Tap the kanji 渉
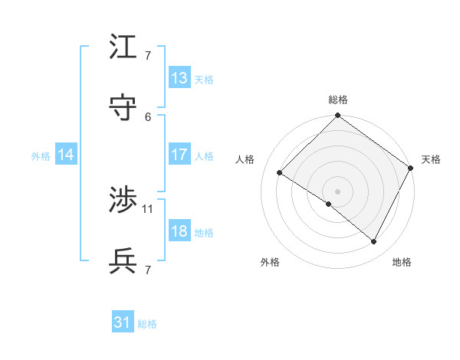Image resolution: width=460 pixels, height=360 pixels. click(123, 201)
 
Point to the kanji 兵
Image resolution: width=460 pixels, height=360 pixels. click(123, 261)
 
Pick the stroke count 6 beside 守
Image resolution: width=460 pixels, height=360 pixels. click(148, 116)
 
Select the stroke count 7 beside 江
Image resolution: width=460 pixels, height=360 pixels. click(148, 56)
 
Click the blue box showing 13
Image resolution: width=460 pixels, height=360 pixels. click(179, 77)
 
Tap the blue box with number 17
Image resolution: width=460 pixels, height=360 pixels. click(179, 154)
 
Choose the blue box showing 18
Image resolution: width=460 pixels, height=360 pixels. click(179, 231)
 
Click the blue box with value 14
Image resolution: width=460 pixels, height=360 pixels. click(66, 155)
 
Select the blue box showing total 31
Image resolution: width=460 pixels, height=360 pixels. click(123, 322)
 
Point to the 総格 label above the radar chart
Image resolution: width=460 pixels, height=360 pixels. click(338, 100)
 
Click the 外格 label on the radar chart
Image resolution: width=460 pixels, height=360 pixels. click(270, 262)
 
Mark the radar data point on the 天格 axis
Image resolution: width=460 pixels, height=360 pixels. click(411, 168)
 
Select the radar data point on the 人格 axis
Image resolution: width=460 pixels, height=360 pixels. click(280, 173)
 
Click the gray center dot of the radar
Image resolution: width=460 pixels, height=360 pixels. click(337, 191)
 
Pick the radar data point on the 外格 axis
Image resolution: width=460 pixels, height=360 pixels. click(329, 204)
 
